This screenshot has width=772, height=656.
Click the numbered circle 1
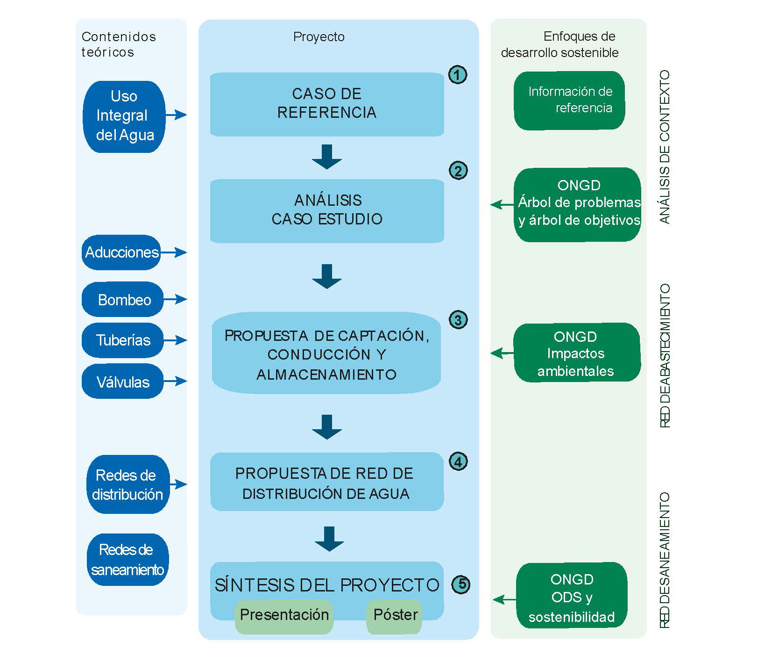tap(457, 75)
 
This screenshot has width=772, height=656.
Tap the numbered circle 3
tap(458, 320)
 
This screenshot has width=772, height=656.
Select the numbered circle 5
tap(461, 584)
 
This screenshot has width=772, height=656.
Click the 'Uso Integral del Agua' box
tap(124, 116)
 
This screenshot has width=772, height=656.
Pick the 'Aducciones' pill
tap(121, 252)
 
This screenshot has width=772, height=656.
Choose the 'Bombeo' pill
tap(123, 300)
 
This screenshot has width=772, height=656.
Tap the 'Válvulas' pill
tap(123, 382)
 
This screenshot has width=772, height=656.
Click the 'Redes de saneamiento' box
tap(127, 560)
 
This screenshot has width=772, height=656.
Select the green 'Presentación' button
tap(284, 615)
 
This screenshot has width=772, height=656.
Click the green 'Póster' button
tap(395, 615)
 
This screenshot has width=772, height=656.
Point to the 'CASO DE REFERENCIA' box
tap(326, 104)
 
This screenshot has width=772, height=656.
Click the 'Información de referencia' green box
tap(569, 100)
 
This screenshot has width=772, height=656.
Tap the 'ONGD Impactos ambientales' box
tap(576, 353)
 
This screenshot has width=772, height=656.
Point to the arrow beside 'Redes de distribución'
tap(178, 484)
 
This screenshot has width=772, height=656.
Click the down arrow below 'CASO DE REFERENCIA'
tap(326, 156)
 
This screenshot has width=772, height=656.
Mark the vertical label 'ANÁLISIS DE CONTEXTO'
tap(665, 147)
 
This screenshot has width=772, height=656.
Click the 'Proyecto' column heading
tap(319, 37)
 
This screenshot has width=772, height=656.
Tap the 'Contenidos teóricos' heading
tap(118, 44)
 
